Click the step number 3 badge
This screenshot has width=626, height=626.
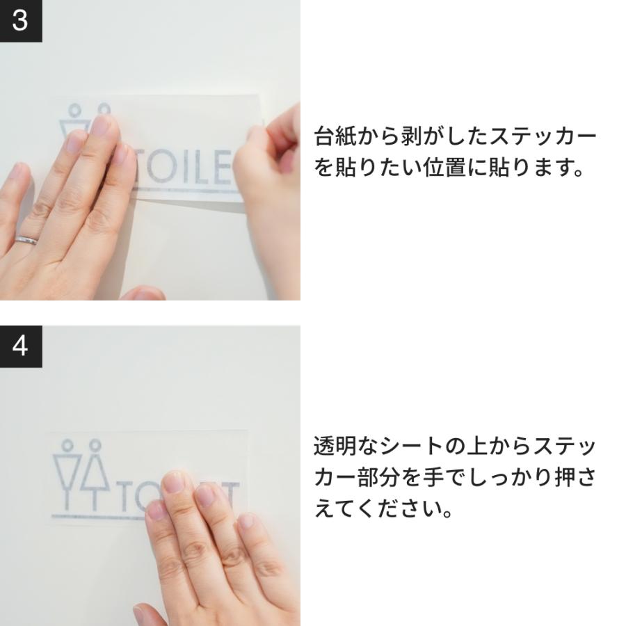click(21, 21)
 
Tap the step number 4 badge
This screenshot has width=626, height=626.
click(21, 346)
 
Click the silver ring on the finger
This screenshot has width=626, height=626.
click(27, 240)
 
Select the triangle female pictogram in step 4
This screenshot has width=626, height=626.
click(95, 473)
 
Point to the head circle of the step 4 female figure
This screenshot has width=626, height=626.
click(95, 444)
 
